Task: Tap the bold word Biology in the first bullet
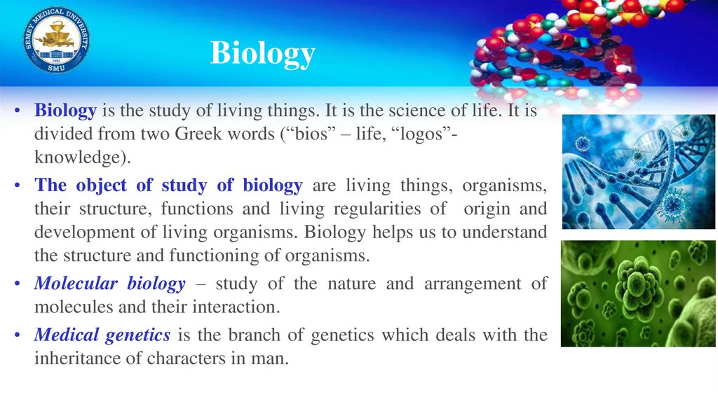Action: coord(66,111)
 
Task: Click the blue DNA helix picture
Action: coord(638,172)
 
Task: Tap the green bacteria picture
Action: coord(638,293)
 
